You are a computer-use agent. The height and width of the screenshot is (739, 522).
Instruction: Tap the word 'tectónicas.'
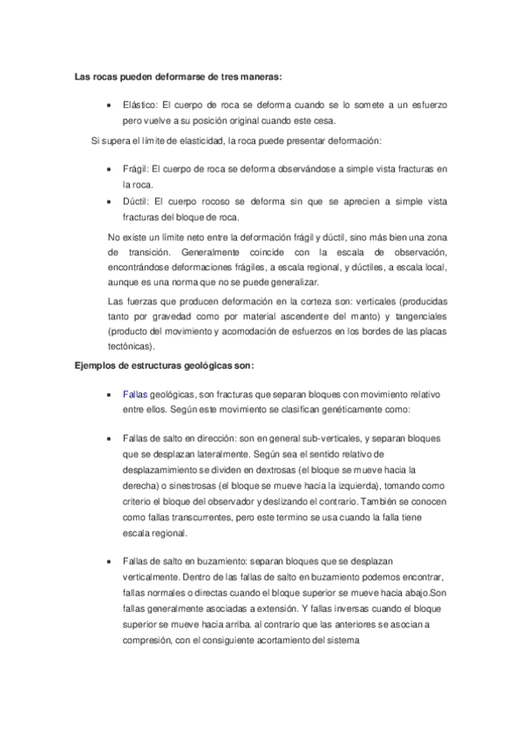pyautogui.click(x=132, y=347)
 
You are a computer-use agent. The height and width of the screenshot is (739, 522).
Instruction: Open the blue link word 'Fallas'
pyautogui.click(x=136, y=393)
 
